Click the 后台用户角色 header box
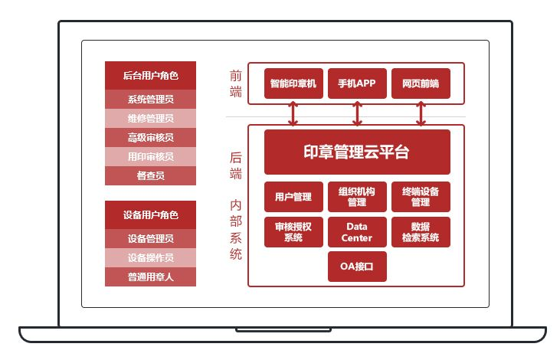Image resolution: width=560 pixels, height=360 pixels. point(150,75)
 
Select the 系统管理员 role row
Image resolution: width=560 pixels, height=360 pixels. point(150,99)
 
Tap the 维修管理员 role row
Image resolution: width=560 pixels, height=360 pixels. point(150,118)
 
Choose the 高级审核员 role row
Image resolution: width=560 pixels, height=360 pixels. point(150,137)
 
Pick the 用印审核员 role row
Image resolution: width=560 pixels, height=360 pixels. point(150,156)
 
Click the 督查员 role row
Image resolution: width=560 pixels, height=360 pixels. point(150,175)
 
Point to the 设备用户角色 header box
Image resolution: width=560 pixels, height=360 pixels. point(150,214)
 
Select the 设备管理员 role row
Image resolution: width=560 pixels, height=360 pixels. point(150,238)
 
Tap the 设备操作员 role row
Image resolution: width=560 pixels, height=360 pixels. point(150,257)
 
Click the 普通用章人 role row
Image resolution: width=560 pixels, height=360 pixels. point(150,277)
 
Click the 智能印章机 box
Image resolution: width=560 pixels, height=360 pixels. point(293,83)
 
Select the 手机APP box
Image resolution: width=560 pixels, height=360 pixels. point(357,83)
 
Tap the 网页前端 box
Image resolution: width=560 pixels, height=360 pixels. point(421,83)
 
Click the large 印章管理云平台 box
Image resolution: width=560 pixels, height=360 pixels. point(357,152)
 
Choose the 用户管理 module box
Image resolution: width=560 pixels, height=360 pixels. point(293,197)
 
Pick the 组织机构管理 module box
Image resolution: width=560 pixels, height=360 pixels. point(357,197)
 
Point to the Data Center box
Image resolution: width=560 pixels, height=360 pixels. point(357,232)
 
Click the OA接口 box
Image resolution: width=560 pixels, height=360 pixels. point(357,267)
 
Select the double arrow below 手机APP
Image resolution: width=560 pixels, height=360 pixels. point(357,113)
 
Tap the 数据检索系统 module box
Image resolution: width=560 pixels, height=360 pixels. point(421,232)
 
